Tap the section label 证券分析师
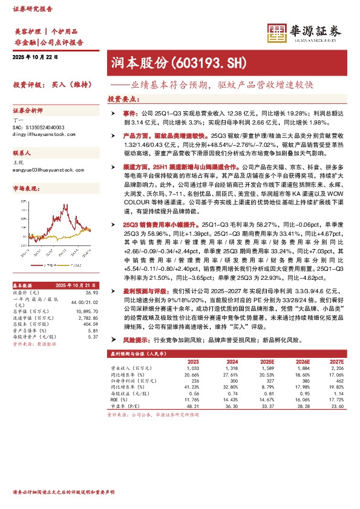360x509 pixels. (x=28, y=111)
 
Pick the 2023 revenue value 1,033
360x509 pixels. (x=192, y=368)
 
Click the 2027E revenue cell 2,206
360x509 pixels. (x=336, y=368)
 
